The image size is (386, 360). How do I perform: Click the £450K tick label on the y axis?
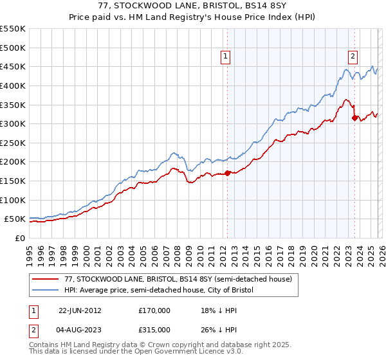point(13,67)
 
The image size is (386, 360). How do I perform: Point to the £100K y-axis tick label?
point(13,200)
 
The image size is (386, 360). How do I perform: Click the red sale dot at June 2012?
point(227,173)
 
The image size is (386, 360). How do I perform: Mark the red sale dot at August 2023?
point(354,118)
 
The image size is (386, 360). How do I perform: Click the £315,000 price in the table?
point(154,329)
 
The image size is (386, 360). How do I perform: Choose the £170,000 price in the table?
point(154,310)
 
